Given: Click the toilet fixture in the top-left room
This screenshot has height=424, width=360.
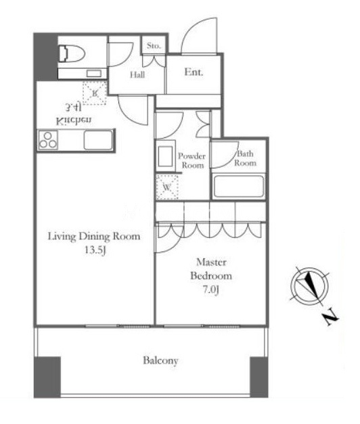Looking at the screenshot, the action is (x=71, y=53).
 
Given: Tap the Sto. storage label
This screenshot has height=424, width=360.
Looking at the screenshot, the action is (x=154, y=46).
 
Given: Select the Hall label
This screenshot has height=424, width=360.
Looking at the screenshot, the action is (x=137, y=74).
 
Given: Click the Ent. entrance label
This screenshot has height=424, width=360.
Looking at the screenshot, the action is (x=194, y=72).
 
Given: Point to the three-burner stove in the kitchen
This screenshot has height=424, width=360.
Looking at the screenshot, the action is (x=48, y=140).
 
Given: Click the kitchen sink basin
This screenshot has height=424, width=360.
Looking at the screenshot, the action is (x=98, y=140).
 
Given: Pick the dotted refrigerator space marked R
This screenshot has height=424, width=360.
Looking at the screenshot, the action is (x=95, y=93).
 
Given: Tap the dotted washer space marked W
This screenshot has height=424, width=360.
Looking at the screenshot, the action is (x=167, y=187).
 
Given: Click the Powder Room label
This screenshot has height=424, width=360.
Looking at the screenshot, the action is (x=192, y=161).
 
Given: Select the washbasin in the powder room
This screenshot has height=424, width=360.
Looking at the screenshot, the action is (x=165, y=156).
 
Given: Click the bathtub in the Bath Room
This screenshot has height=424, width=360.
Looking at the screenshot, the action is (x=238, y=187).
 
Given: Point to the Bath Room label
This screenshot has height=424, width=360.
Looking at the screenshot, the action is (x=246, y=158).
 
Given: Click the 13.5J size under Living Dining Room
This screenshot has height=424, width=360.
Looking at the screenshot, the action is (x=95, y=250).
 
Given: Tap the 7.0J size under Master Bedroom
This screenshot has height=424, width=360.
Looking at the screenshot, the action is (x=211, y=289).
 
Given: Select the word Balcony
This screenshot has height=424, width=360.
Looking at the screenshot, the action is (x=160, y=360).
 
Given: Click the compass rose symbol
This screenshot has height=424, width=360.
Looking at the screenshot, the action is (x=309, y=285).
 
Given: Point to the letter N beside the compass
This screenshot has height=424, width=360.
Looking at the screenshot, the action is (x=331, y=319).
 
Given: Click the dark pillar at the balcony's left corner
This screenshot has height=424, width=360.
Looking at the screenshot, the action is (x=47, y=377).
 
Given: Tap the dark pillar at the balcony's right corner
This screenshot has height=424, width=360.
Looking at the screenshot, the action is (x=259, y=377).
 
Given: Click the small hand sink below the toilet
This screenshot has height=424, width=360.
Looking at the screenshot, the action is (x=93, y=73).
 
